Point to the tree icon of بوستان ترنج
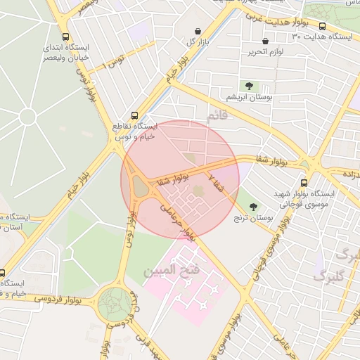coord(253,207)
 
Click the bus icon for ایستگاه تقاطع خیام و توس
coord(135,115)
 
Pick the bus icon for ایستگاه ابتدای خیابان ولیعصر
coord(65,37)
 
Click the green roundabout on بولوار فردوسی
coord(112,304)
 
